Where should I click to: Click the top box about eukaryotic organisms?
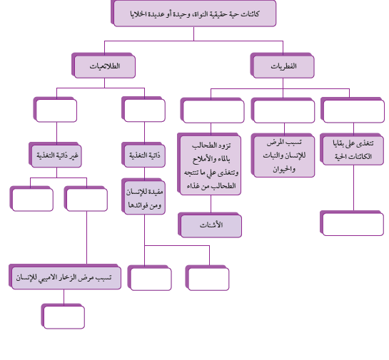pyautogui.click(x=193, y=13)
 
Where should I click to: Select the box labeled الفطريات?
pyautogui.click(x=283, y=66)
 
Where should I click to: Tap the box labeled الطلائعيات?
pyautogui.click(x=103, y=66)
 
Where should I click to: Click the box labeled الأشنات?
pyautogui.click(x=210, y=225)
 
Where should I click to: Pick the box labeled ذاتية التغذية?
pyautogui.click(x=143, y=155)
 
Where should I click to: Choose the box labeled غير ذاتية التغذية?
pyautogui.click(x=56, y=155)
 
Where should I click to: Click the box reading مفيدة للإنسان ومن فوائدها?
pyautogui.click(x=143, y=197)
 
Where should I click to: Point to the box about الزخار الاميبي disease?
pyautogui.click(x=65, y=277)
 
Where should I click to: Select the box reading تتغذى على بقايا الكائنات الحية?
pyautogui.click(x=352, y=150)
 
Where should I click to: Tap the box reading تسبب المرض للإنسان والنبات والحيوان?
pyautogui.click(x=283, y=155)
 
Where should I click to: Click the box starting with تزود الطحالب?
pyautogui.click(x=209, y=164)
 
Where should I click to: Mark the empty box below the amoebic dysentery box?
pyautogui.click(x=63, y=317)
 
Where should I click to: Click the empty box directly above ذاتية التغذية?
pyautogui.click(x=143, y=109)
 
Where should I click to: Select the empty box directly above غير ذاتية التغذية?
pyautogui.click(x=56, y=110)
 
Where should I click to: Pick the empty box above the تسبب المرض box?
pyautogui.click(x=283, y=110)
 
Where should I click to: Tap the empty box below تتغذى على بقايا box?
pyautogui.click(x=352, y=223)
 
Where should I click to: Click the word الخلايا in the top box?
pyautogui.click(x=138, y=14)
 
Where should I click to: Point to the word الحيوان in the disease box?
pyautogui.click(x=284, y=169)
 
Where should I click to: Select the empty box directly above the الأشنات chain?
pyautogui.click(x=213, y=110)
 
